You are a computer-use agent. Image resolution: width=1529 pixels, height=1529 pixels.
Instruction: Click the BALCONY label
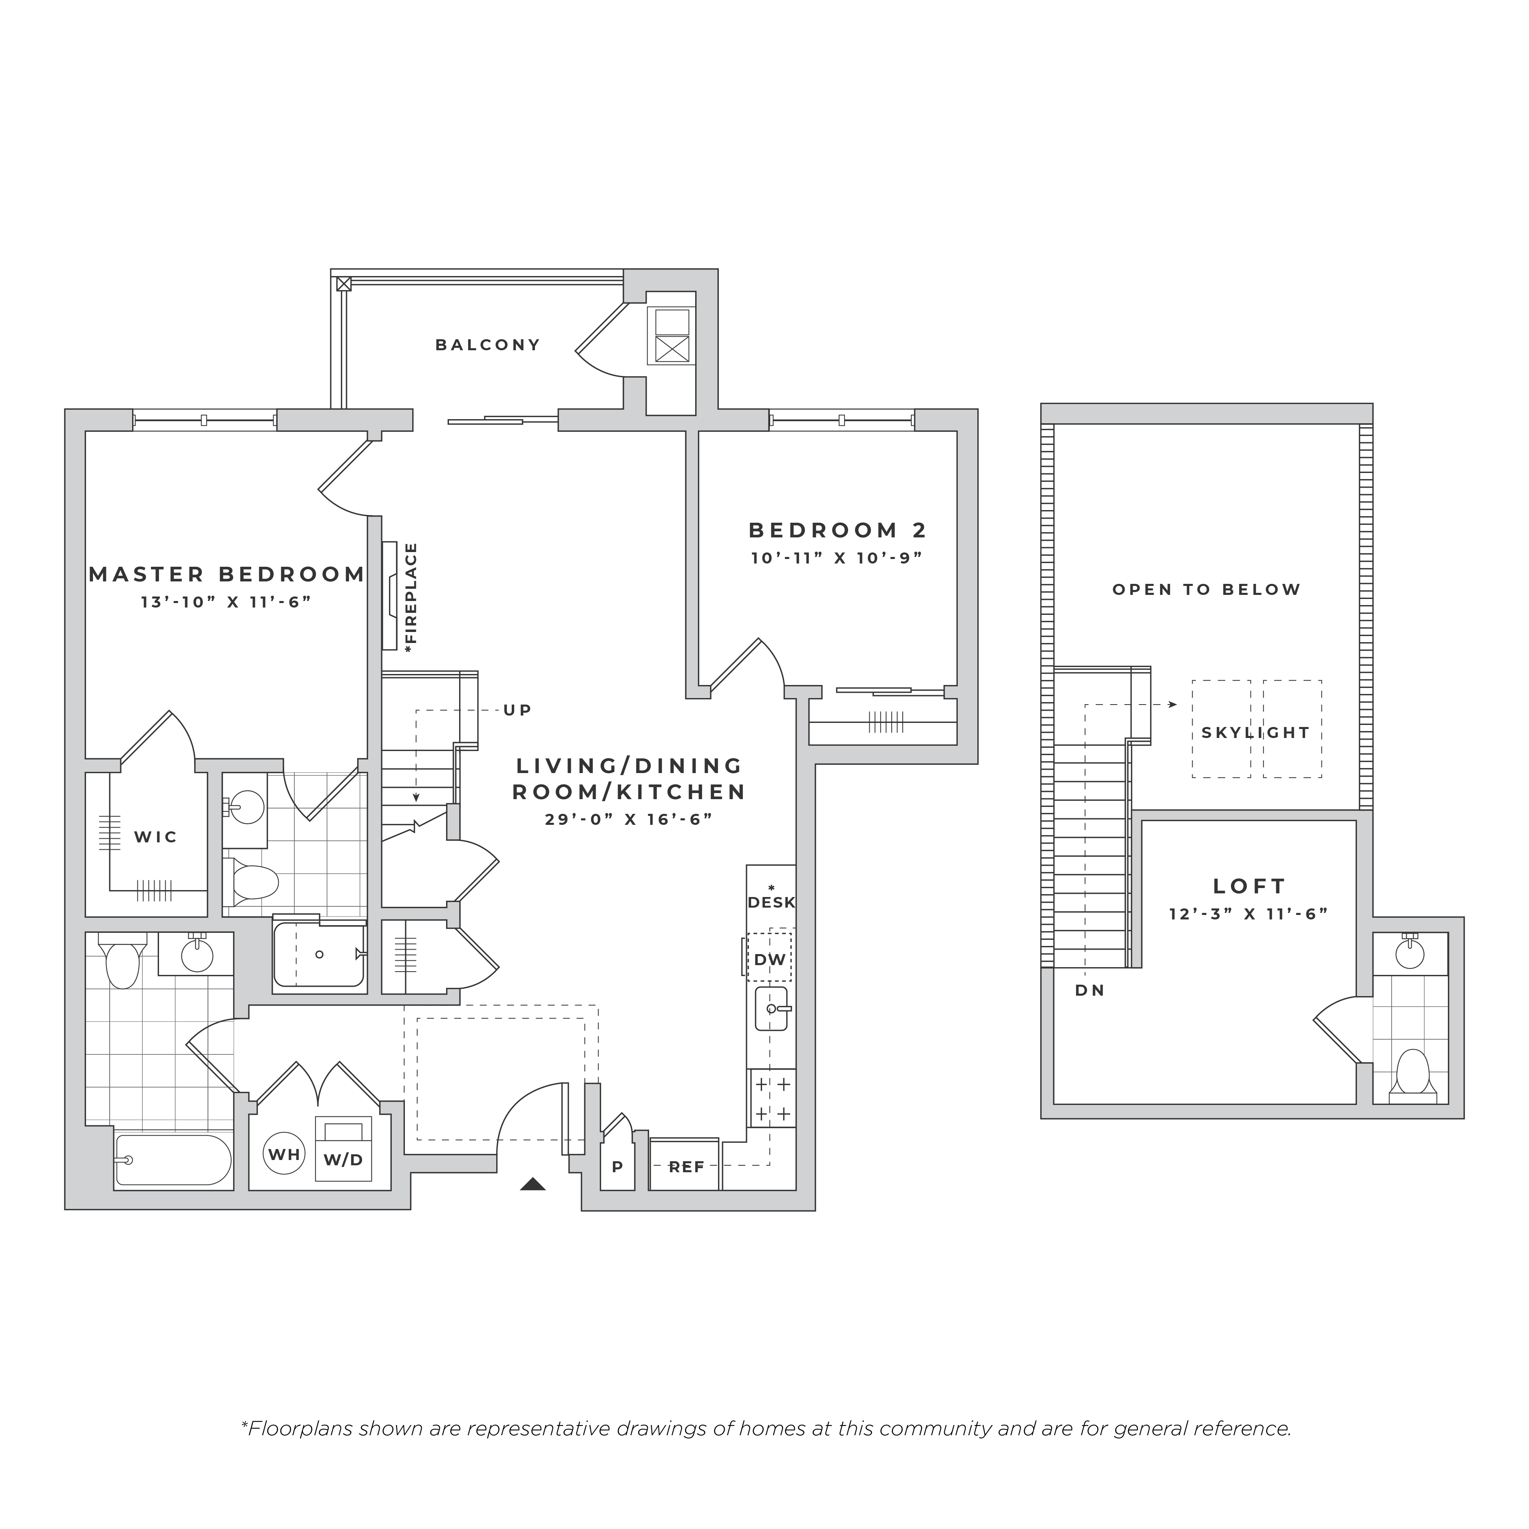488,345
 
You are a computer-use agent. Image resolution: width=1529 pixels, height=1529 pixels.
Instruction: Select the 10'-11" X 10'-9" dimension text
837,558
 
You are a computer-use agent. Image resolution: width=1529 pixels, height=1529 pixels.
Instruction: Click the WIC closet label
156,837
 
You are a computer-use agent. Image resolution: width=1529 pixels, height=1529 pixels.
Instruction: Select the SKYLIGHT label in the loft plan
1256,733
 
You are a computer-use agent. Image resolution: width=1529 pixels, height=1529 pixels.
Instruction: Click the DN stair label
1090,990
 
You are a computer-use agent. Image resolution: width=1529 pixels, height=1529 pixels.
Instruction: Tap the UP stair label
517,710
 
